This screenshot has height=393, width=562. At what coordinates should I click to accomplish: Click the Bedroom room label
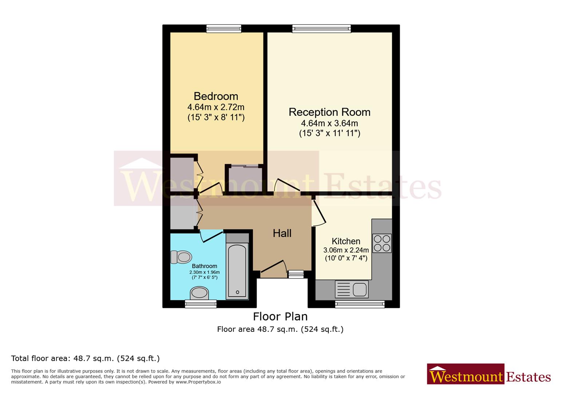[x=216, y=96]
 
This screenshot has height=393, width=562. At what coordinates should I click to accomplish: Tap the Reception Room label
[x=329, y=112]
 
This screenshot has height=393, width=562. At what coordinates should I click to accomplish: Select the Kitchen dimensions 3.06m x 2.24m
[x=346, y=250]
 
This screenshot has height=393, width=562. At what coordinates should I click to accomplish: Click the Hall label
[x=282, y=233]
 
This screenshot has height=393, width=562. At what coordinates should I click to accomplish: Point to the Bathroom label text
[x=204, y=266]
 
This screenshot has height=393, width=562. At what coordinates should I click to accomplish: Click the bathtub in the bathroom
[x=237, y=271]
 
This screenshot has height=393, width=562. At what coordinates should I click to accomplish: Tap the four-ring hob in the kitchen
[x=382, y=243]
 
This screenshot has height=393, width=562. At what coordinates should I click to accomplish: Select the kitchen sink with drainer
[x=352, y=289]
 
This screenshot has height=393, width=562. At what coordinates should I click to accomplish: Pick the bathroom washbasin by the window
[x=199, y=293]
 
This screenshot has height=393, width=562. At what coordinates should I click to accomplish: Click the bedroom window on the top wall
[x=223, y=29]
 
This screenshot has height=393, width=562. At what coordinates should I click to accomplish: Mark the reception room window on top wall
[x=321, y=29]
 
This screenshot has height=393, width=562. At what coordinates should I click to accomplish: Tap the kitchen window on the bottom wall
[x=360, y=304]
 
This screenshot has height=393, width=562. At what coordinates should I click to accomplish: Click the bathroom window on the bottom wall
[x=201, y=304]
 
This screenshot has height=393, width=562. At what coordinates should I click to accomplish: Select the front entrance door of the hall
[x=273, y=267]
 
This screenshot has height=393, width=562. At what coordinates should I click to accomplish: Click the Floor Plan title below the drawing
[x=280, y=316]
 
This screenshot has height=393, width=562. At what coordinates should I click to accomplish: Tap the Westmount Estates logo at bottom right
[x=489, y=375]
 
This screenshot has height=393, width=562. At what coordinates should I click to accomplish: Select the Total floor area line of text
[x=86, y=358]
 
